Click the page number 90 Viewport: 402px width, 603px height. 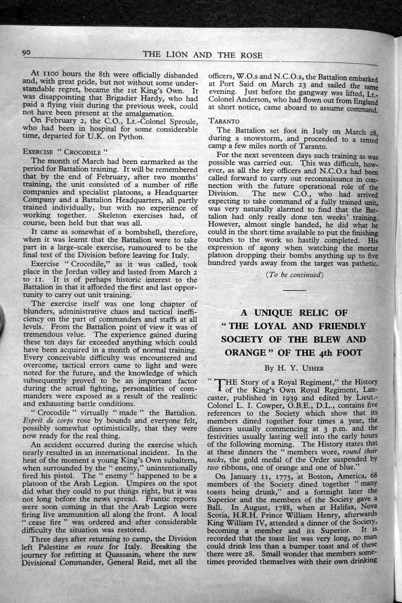click(29, 53)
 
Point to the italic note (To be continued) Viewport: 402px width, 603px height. click(294, 274)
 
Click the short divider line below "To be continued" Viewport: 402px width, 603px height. click(294, 291)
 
